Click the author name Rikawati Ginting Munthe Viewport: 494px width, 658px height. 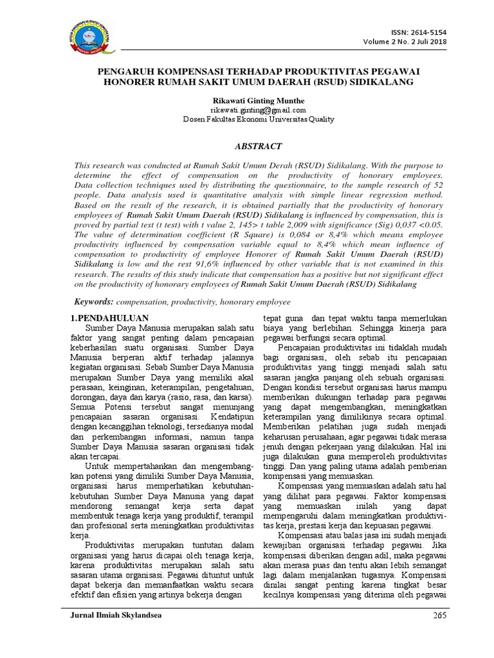248,101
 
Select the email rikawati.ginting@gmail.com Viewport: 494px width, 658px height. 247,110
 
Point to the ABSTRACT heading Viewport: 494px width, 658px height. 247,146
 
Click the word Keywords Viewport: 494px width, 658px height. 93,301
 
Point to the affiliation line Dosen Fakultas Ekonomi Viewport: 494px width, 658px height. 247,119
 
